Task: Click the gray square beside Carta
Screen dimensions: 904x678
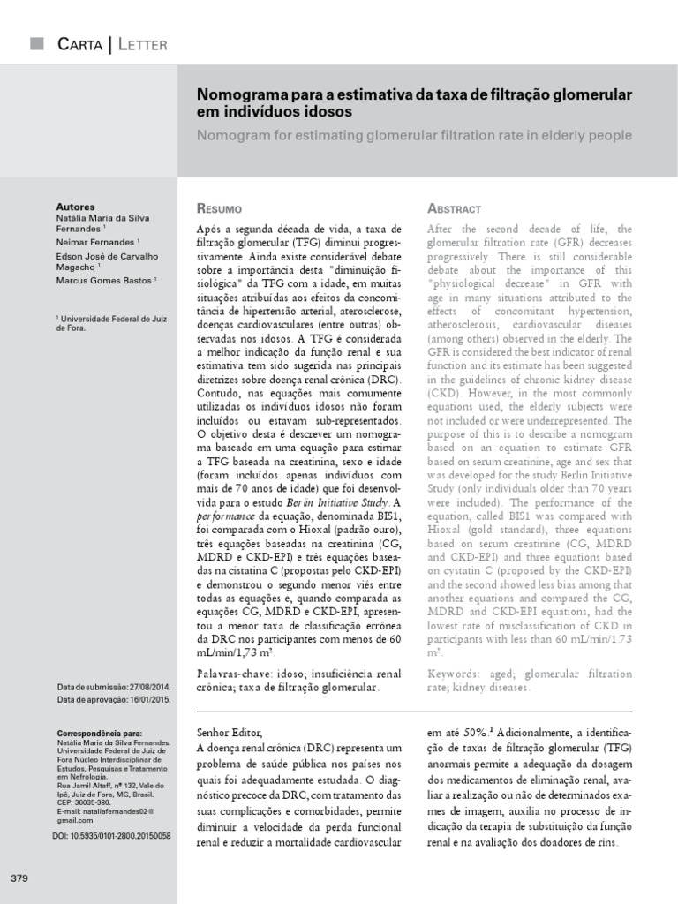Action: (x=36, y=43)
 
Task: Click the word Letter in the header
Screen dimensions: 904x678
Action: (x=141, y=44)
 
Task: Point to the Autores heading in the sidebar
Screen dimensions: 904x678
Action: (x=75, y=207)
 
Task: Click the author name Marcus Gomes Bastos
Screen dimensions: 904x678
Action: (x=104, y=281)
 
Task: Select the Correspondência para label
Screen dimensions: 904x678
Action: (x=99, y=734)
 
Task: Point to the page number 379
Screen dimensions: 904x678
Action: (x=20, y=878)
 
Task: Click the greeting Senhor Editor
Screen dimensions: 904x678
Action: (x=228, y=732)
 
